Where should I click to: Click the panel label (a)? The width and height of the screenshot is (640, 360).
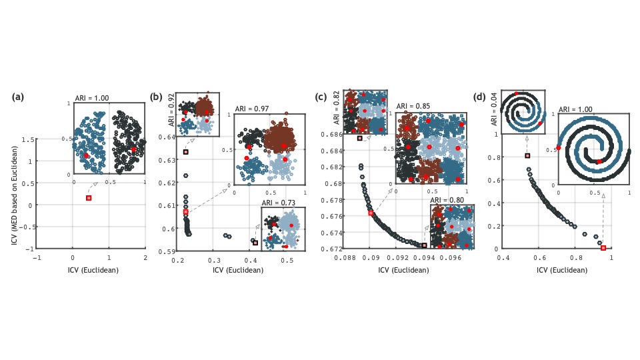pyautogui.click(x=18, y=97)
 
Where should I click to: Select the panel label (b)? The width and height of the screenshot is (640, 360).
pyautogui.click(x=157, y=97)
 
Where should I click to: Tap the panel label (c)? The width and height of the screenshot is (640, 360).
pyautogui.click(x=321, y=97)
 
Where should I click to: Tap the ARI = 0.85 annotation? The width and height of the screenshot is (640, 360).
pyautogui.click(x=413, y=106)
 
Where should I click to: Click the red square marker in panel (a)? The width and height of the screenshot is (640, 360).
pyautogui.click(x=89, y=198)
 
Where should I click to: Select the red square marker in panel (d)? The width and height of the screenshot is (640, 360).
pyautogui.click(x=603, y=248)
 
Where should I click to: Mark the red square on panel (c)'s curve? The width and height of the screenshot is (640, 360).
pyautogui.click(x=371, y=213)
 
